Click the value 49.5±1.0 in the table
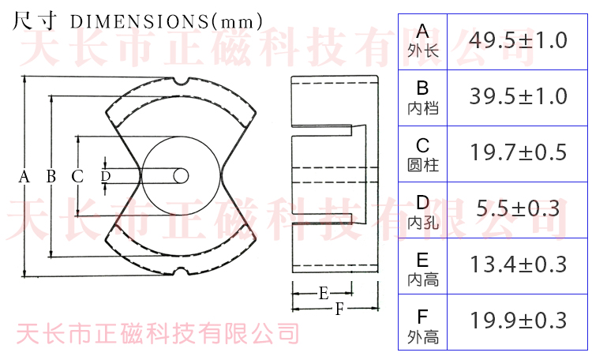click(518, 40)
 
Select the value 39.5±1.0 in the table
click(518, 96)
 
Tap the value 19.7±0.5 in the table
click(518, 152)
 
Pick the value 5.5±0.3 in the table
click(518, 208)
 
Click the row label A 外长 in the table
click(423, 41)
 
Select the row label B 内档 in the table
click(423, 97)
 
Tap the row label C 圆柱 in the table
click(423, 153)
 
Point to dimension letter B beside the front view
click(51, 177)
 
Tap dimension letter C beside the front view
click(77, 177)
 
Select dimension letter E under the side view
click(324, 294)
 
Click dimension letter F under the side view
click(339, 309)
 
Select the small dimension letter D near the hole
click(105, 175)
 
